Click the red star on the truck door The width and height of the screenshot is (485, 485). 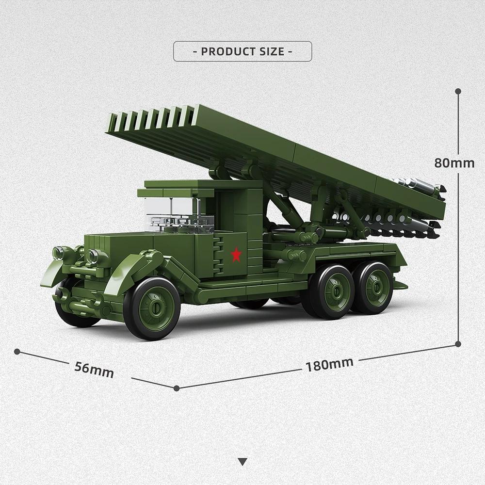pyautogui.click(x=236, y=254)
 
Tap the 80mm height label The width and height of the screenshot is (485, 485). pyautogui.click(x=454, y=163)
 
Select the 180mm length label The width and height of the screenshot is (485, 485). pyautogui.click(x=329, y=364)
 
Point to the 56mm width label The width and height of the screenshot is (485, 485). pyautogui.click(x=94, y=370)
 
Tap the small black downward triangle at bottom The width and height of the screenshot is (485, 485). pyautogui.click(x=242, y=461)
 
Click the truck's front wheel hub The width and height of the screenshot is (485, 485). pyautogui.click(x=156, y=307)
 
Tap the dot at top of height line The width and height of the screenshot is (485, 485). pyautogui.click(x=458, y=91)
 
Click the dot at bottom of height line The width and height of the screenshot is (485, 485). pyautogui.click(x=458, y=344)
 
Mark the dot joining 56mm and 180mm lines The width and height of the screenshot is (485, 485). pyautogui.click(x=177, y=388)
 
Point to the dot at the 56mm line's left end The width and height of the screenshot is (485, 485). pyautogui.click(x=17, y=351)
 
